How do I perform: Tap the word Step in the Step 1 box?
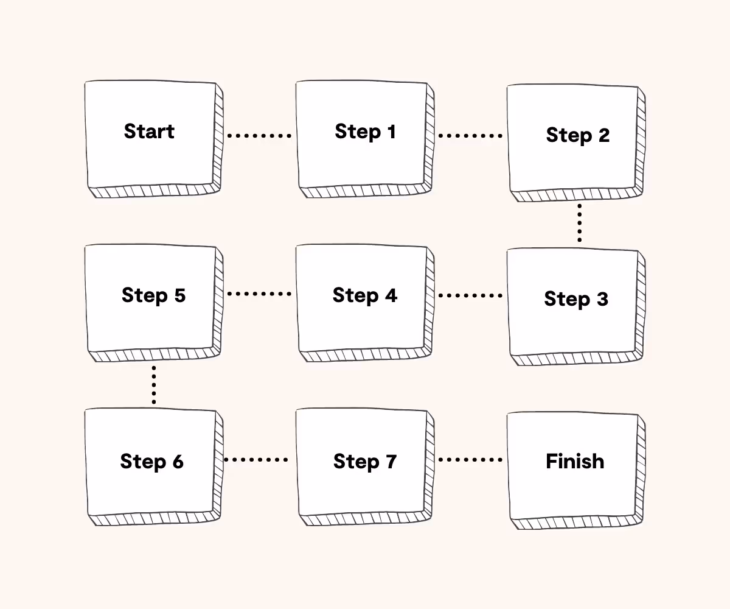[356, 132]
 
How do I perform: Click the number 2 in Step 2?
[603, 135]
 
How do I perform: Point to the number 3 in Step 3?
[601, 299]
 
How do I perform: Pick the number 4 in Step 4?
[390, 295]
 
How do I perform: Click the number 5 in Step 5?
[179, 295]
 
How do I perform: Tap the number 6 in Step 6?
[177, 462]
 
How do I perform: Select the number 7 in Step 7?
[389, 462]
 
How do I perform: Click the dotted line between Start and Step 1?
[259, 136]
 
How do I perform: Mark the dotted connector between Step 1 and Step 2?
[470, 136]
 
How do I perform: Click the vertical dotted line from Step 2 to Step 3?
[579, 224]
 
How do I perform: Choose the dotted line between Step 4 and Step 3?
[470, 296]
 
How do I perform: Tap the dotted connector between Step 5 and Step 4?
[259, 294]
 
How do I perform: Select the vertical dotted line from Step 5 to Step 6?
[154, 385]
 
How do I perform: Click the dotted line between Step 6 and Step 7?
[256, 460]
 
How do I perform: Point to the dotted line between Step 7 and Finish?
[470, 460]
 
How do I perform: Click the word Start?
[149, 132]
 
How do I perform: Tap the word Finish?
[575, 462]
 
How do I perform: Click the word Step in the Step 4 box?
[355, 295]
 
